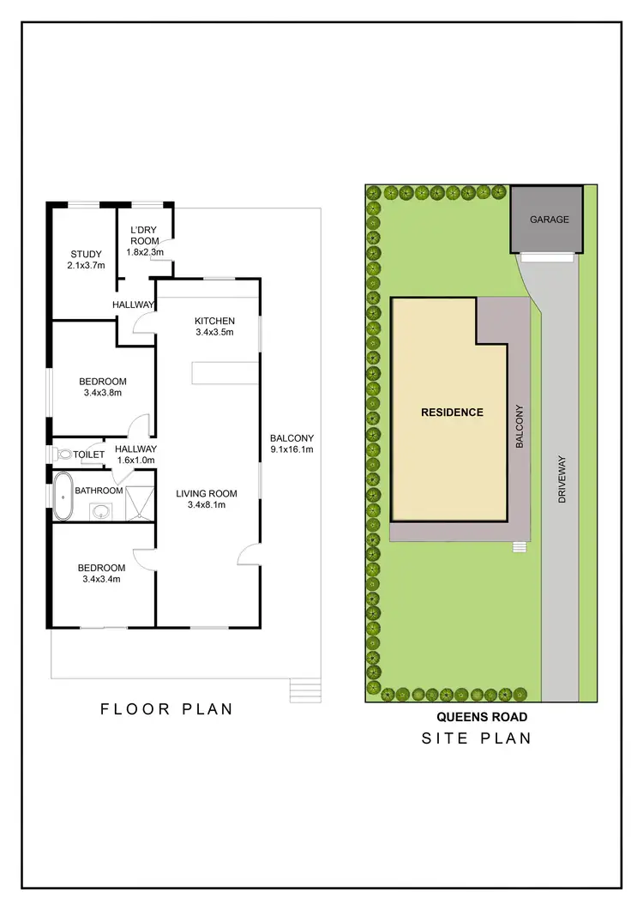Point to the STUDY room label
pos(86,254)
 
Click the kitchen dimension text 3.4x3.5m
pos(214,332)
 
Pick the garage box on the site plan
pos(548,220)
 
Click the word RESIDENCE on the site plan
pos(452,412)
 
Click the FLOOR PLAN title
pos(166,709)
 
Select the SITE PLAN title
pos(476,738)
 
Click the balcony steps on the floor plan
pos(304,690)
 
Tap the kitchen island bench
pos(225,372)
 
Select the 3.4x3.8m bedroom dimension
pos(103,394)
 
